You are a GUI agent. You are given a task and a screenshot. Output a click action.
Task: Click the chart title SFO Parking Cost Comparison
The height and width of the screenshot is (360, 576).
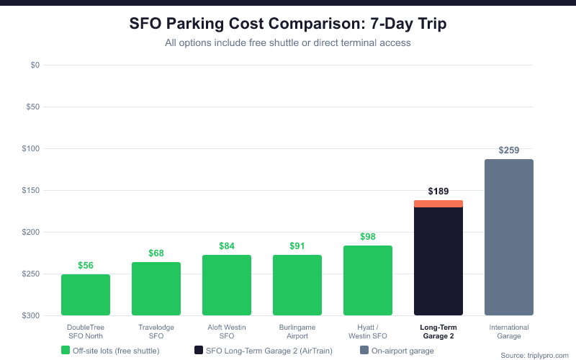pos(288,24)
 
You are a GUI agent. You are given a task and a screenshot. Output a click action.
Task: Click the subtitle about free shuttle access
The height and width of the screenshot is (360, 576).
pos(288,43)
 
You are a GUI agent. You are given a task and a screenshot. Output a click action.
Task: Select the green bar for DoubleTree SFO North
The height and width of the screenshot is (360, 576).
pos(86,294)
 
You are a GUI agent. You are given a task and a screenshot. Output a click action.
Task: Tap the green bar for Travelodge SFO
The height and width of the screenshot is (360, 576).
pos(156,289)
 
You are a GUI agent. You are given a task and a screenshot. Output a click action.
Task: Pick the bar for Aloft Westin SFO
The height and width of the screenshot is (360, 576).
pos(227,285)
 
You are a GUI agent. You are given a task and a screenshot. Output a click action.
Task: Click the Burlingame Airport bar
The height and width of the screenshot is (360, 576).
pos(297,285)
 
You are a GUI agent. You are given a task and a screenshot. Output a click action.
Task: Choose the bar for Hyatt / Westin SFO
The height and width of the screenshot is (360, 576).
pos(368,280)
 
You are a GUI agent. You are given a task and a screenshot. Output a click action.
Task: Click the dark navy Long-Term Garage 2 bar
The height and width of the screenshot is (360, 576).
pos(438,261)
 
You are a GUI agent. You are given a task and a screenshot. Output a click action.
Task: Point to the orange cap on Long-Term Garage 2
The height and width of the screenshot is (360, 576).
pos(438,204)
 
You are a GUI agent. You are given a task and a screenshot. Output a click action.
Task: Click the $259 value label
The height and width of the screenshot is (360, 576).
pos(509,150)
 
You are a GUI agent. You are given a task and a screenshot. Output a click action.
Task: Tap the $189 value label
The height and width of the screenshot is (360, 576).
pos(438,192)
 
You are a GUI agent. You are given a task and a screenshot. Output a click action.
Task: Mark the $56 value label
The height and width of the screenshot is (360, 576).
pos(86,266)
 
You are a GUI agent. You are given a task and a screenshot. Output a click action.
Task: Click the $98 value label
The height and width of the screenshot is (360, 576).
pos(368,237)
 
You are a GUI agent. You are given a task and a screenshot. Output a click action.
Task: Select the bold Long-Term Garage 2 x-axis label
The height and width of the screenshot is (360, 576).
pos(438,331)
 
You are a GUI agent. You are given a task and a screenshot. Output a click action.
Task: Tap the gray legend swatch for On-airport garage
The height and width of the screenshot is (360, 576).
pos(364,351)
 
